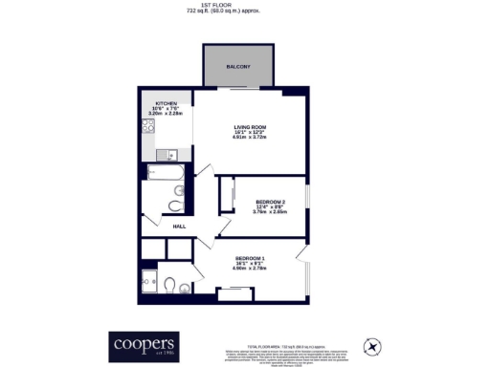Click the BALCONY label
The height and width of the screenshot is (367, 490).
coord(238,67)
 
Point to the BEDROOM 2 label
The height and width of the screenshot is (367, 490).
coord(270,201)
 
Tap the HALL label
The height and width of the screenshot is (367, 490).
coord(179,227)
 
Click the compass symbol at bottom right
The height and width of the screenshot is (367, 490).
coord(370,345)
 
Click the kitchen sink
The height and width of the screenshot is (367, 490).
coord(165,153)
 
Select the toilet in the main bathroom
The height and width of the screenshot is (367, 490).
coord(174,205)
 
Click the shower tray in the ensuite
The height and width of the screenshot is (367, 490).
coord(150,279)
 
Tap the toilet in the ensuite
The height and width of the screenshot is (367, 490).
coord(169,285)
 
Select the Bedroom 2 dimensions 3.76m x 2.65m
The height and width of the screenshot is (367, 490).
coord(270,212)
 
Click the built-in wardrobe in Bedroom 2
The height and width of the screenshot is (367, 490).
coord(227,195)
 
